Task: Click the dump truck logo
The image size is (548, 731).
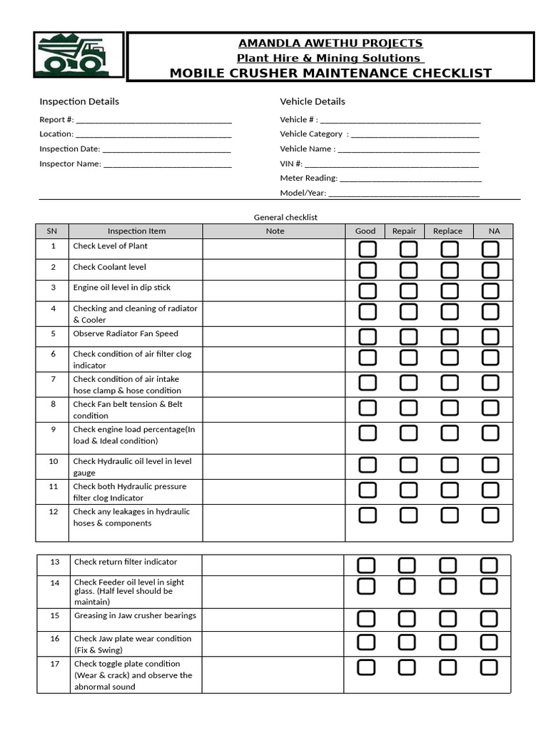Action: tap(71, 56)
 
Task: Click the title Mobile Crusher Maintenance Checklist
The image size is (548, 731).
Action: tap(330, 72)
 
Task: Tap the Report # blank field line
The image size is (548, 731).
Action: tap(153, 121)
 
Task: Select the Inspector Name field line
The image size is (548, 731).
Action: tap(167, 165)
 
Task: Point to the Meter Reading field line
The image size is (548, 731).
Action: tap(409, 179)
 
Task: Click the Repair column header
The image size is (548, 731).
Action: tap(404, 231)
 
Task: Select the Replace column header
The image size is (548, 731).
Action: tap(447, 231)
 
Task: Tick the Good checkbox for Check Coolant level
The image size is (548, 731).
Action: tap(367, 270)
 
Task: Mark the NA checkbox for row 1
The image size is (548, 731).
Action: tap(490, 249)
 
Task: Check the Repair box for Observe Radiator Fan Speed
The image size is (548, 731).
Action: tap(408, 336)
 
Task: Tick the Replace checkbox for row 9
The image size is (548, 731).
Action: tap(450, 433)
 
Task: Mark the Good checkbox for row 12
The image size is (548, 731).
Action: tap(367, 515)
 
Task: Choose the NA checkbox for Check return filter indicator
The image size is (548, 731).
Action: tap(489, 565)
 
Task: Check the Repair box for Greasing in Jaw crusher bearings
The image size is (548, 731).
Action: tap(407, 618)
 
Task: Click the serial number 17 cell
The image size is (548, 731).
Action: tap(55, 664)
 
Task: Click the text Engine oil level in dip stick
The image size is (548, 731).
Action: tap(122, 288)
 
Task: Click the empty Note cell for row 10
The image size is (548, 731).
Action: tap(274, 467)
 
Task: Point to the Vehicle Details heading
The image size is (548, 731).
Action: tap(313, 101)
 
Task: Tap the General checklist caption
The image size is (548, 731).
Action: tap(285, 217)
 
